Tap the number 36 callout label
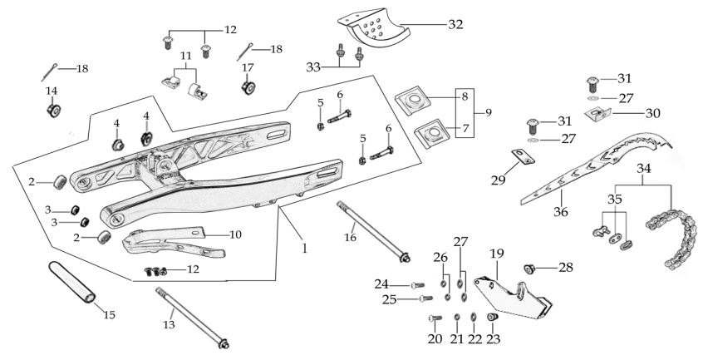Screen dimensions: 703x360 coord(560,211)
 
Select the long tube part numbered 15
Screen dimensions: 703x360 coord(71,284)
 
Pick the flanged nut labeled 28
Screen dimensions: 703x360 coord(530,269)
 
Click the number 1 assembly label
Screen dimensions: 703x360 coord(305,248)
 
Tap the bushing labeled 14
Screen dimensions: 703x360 coord(54,111)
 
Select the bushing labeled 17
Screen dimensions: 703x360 coord(248,86)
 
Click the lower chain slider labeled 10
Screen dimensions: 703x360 coord(173,243)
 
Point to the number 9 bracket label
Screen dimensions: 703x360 coord(489,112)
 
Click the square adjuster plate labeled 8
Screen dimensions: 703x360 coord(411,101)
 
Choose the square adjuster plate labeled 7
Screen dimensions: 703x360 coord(432,134)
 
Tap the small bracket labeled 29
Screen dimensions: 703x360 coord(524,156)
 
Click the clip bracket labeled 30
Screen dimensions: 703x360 coord(597,113)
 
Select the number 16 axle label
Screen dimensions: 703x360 coord(350,237)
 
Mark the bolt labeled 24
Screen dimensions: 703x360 coord(417,285)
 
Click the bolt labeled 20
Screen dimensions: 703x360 coord(435,318)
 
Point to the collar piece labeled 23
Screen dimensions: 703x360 coord(493,318)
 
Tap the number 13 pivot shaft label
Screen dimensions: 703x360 coord(169,324)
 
